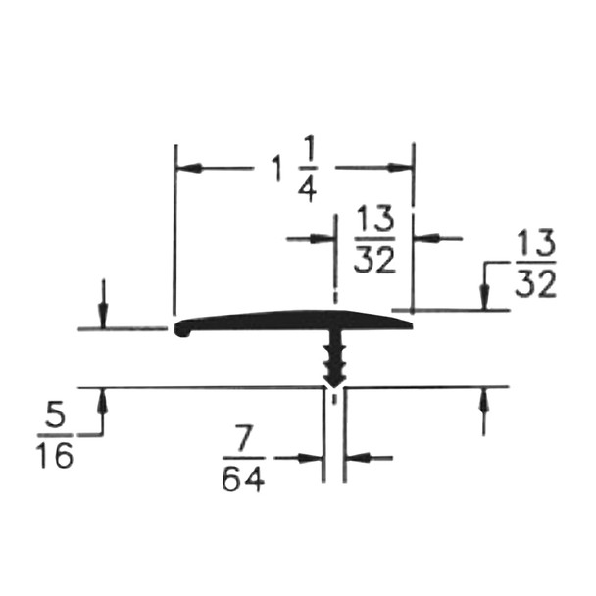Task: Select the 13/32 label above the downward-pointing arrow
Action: point(534,264)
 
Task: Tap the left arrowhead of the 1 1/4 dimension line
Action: point(188,168)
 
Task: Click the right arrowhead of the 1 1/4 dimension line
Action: point(402,168)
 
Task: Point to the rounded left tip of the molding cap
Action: point(180,330)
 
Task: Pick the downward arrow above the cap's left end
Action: point(102,318)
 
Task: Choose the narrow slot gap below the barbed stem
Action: point(334,431)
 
